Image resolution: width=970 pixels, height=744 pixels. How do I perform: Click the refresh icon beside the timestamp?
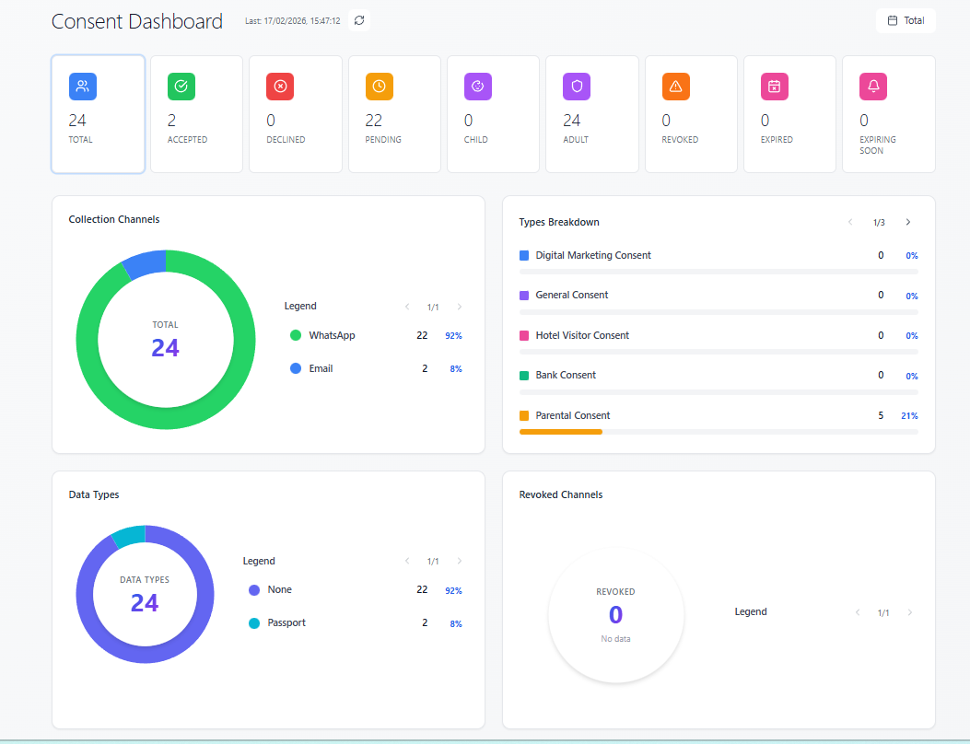coord(359,20)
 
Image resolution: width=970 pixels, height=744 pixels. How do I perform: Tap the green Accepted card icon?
coord(181,87)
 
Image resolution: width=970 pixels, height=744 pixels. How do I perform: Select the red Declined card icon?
coord(280,87)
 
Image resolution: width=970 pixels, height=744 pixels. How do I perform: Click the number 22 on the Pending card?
coord(373,121)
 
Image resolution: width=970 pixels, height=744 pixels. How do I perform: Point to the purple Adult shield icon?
coord(577,87)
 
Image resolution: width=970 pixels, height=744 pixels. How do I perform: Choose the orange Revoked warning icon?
coord(676,87)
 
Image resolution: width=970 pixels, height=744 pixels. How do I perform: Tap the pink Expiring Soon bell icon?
coord(873,87)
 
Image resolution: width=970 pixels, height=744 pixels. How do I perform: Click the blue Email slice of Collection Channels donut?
coord(144,263)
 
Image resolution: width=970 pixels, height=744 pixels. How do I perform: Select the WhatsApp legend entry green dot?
coord(296,335)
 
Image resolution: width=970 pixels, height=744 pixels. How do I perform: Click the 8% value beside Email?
coord(455,369)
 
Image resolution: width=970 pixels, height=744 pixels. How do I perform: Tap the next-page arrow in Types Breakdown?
coord(907,222)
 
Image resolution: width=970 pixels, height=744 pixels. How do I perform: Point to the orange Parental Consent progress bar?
coord(560,431)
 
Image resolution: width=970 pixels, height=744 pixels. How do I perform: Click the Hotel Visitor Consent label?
coord(582,335)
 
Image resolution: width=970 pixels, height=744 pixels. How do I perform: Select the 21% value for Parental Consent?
coord(909,416)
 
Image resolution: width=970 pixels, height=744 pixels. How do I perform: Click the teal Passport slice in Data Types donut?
coord(128,536)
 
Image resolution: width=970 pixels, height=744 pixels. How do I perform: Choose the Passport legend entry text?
coord(286,623)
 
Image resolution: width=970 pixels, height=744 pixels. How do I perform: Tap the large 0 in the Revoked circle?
coord(615,615)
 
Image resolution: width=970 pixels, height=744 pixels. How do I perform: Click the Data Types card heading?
coord(94,494)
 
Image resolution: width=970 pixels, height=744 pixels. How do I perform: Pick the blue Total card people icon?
coord(83,87)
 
